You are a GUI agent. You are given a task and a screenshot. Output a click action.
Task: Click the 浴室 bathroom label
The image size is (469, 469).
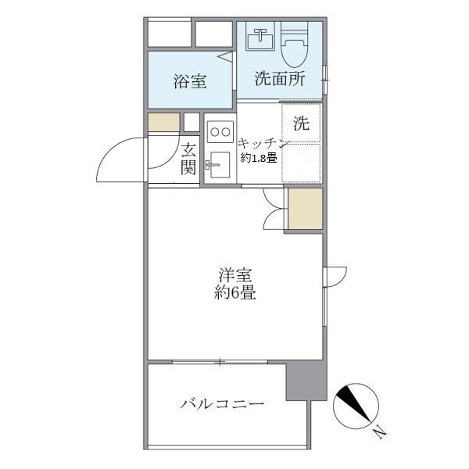click(190, 80)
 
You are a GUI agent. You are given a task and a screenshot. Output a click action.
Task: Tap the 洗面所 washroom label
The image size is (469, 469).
click(278, 78)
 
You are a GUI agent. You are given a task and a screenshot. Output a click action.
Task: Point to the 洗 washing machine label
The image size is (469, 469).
click(301, 123)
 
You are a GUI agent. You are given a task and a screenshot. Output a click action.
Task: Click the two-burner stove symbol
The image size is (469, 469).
click(220, 131)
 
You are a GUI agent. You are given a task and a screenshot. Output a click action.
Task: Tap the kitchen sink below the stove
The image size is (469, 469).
click(218, 164)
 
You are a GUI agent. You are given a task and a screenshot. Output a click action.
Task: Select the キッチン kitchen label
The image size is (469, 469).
click(264, 143)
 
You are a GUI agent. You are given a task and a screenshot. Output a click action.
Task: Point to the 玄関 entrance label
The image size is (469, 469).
click(189, 159)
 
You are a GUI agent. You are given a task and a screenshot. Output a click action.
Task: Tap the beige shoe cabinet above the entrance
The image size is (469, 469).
click(163, 123)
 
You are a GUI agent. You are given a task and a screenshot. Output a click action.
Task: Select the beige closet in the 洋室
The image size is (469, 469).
click(305, 209)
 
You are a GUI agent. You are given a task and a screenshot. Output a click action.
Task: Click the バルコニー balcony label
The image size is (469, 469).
click(222, 405)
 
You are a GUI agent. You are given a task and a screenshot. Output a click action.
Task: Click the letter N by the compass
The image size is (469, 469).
click(378, 431)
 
